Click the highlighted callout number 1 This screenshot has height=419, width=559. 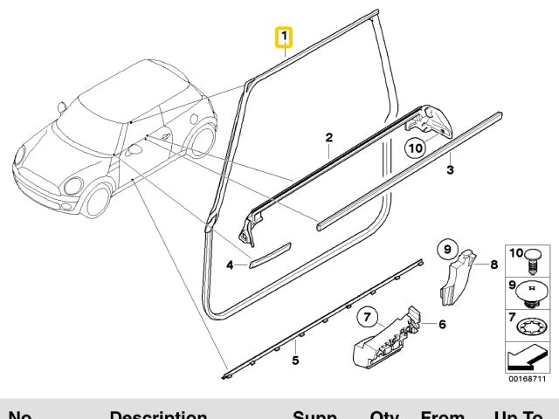pos(283,38)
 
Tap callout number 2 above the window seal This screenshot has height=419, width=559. pos(329,137)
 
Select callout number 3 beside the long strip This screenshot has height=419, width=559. pos(450,169)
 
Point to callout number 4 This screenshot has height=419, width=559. pos(231,264)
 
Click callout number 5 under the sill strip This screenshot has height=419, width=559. pos(295,359)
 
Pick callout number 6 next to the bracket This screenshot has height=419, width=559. pos(442,325)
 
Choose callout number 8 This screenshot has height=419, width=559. pos(493,264)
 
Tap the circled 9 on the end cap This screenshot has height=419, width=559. pos(445,251)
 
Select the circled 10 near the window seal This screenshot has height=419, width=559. pos(416,148)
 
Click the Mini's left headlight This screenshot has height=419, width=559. pos(72,186)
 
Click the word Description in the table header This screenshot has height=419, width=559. pos(157,415)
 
